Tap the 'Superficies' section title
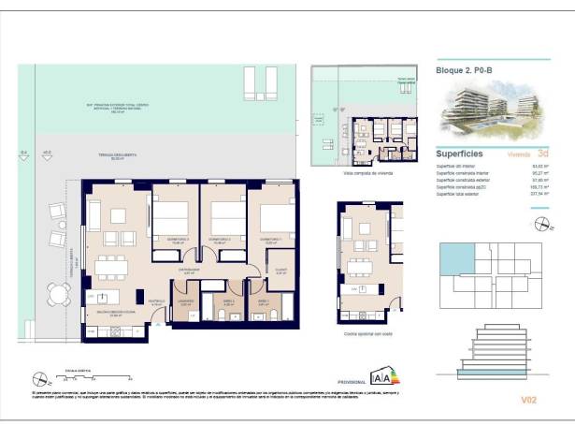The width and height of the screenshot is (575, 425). [x=459, y=153]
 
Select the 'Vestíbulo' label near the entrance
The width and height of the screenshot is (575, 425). [x=157, y=301]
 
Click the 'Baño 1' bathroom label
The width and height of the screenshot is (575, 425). [x=264, y=301]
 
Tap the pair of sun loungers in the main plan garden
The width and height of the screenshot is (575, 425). [x=259, y=82]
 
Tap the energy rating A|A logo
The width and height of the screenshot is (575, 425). [x=382, y=377]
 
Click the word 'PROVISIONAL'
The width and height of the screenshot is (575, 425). [x=352, y=381]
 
